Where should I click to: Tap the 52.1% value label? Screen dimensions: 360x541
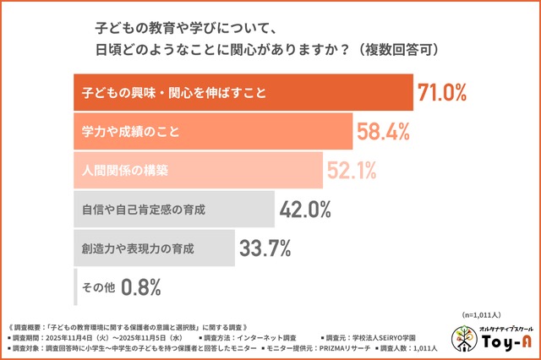pyautogui.click(x=351, y=171)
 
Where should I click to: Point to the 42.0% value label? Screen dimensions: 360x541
pyautogui.click(x=304, y=210)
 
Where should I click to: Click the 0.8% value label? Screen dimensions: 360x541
pyautogui.click(x=140, y=287)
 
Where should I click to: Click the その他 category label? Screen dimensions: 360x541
pyautogui.click(x=97, y=287)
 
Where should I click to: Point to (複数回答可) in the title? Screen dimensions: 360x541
pyautogui.click(x=398, y=47)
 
